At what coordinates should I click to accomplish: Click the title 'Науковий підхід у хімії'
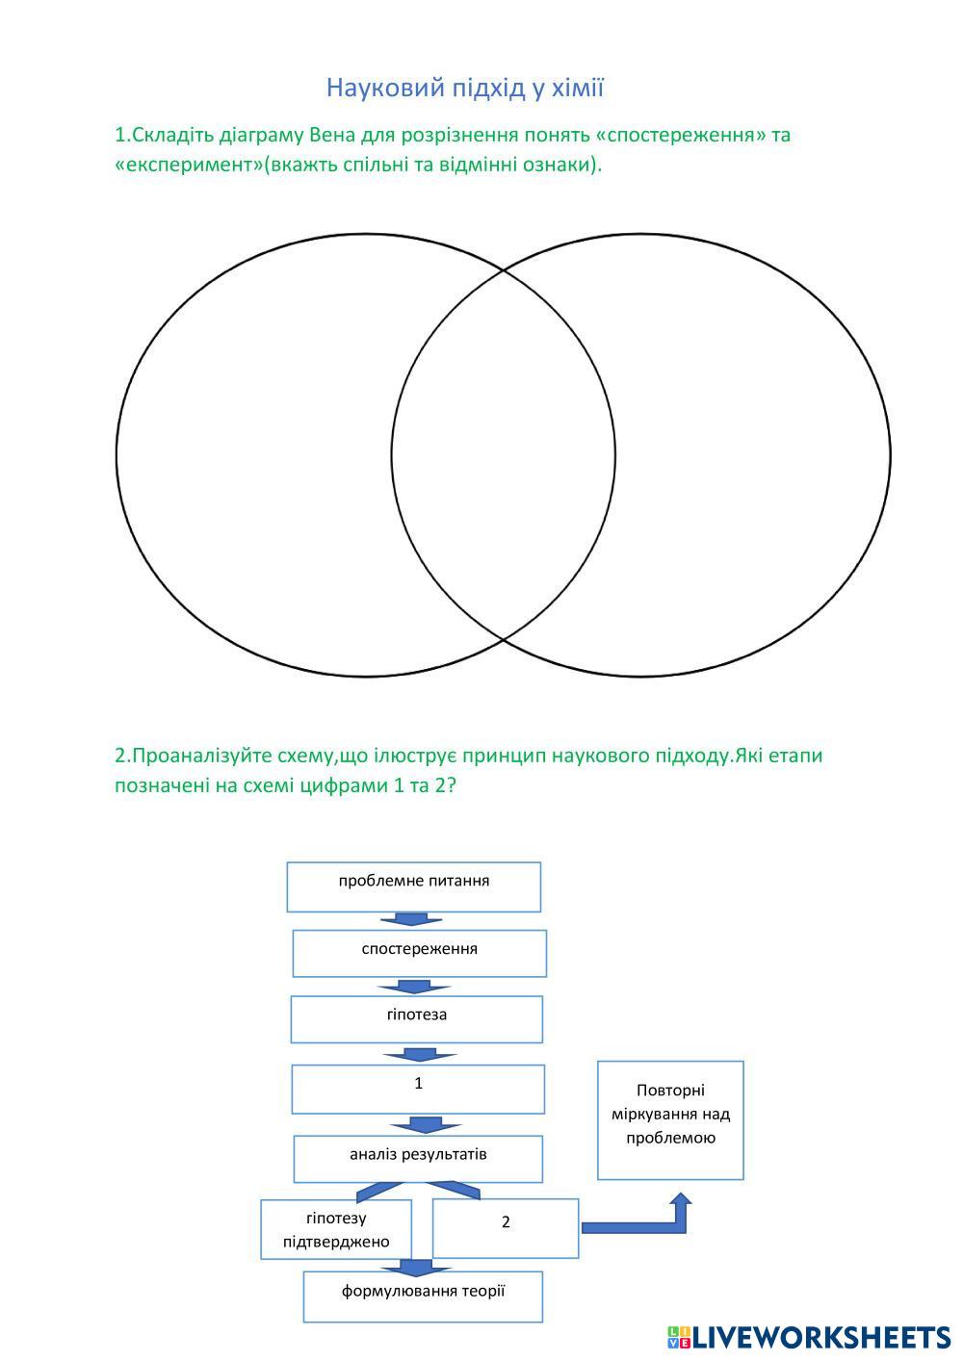click(x=465, y=88)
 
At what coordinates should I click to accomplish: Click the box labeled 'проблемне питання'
click(x=414, y=886)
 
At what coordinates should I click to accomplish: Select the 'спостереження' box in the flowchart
click(x=420, y=953)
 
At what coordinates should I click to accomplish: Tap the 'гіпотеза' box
click(x=417, y=1019)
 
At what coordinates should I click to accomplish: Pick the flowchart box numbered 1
click(x=418, y=1089)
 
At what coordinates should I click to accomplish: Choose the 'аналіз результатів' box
click(x=418, y=1159)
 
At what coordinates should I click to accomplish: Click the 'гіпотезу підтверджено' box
click(x=336, y=1229)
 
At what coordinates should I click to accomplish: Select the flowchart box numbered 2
click(x=506, y=1228)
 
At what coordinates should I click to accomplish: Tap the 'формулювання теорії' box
click(x=423, y=1297)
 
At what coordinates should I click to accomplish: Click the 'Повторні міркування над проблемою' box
click(x=670, y=1119)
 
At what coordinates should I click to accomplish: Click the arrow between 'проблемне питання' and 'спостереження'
click(x=411, y=920)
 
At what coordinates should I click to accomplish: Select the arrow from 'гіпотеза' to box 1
click(x=419, y=1054)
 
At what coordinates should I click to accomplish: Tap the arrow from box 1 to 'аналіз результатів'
click(x=425, y=1125)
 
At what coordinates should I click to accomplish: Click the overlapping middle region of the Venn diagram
click(x=504, y=454)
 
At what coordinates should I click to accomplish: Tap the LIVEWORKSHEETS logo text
click(x=820, y=1337)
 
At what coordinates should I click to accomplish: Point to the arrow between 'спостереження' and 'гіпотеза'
click(x=414, y=987)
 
